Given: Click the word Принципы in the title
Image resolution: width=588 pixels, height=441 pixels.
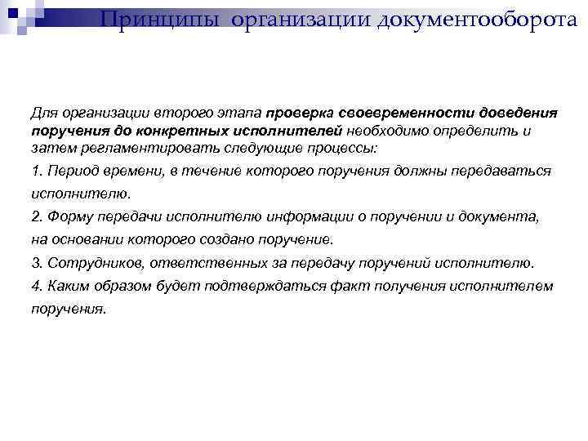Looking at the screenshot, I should click(x=161, y=19).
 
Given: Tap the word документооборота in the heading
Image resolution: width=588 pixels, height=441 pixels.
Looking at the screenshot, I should click(x=483, y=19).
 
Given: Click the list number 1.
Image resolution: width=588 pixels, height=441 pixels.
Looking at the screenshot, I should click(x=36, y=171).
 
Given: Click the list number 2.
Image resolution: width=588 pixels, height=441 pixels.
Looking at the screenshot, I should click(x=36, y=216).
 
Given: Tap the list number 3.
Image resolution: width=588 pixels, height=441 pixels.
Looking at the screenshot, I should click(x=36, y=263).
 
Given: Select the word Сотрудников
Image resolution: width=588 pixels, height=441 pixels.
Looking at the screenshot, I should click(x=89, y=263).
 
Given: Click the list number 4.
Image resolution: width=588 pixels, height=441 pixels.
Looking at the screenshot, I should click(x=36, y=286).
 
